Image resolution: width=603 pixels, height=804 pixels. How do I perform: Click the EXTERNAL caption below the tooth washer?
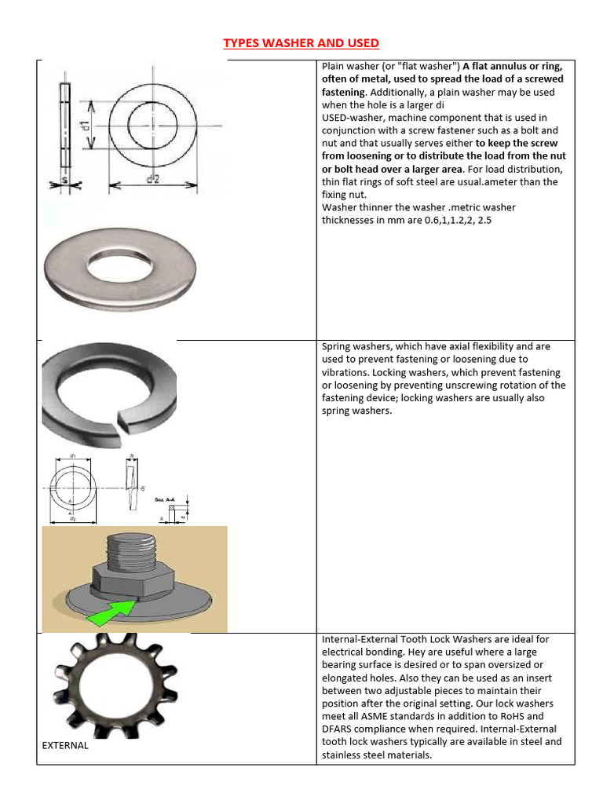[x=65, y=745]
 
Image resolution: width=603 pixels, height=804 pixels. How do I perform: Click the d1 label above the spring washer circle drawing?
[x=73, y=455]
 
